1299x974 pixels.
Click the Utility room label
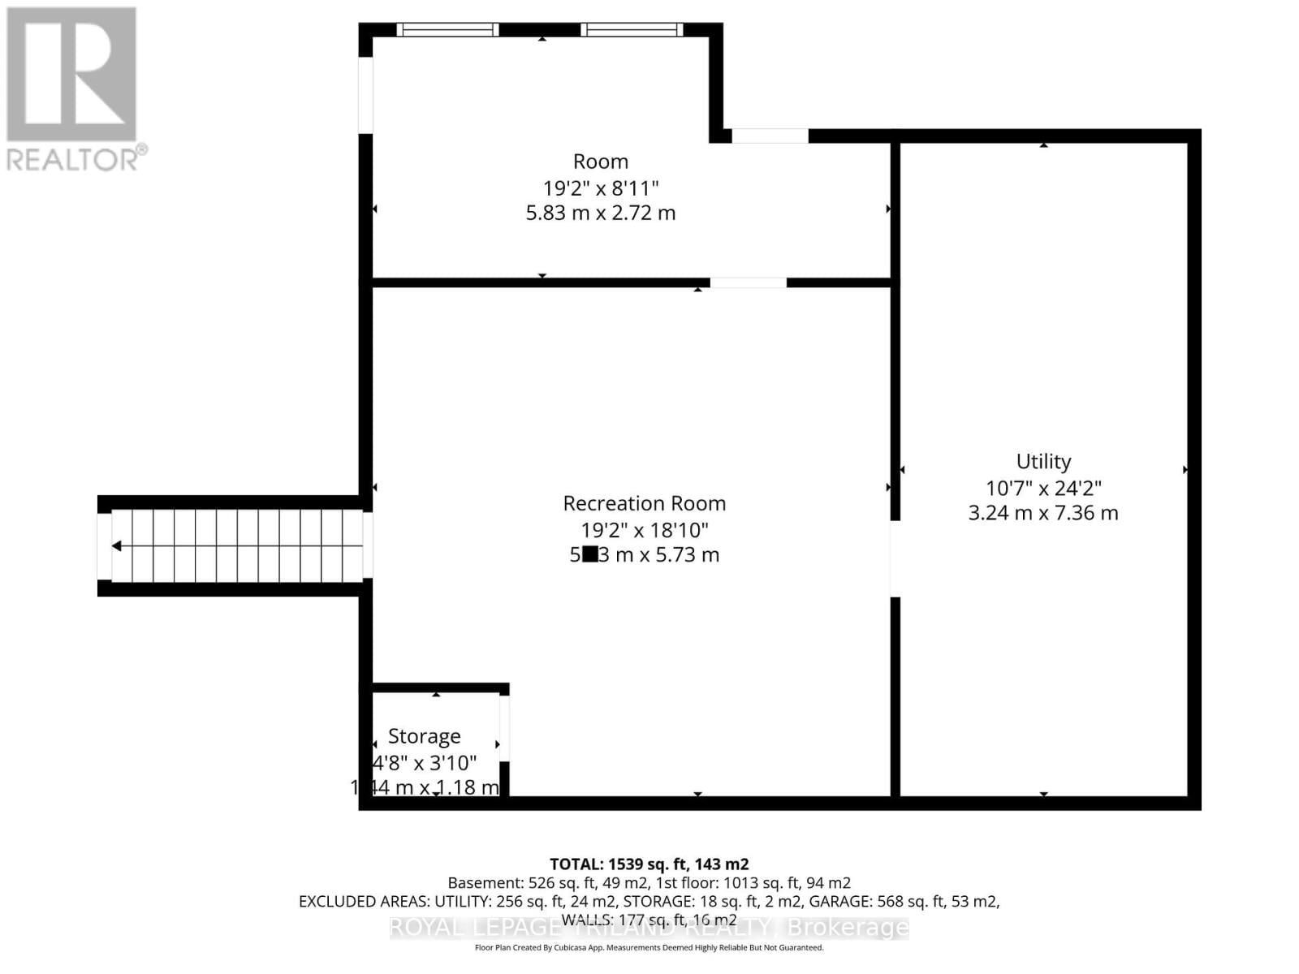coord(1043,461)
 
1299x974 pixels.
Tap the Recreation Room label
coord(644,503)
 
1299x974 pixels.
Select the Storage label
coord(424,736)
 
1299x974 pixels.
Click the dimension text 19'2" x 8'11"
coord(601,188)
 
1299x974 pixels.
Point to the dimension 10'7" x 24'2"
coord(1043,488)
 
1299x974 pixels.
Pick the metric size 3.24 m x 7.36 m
coord(1043,513)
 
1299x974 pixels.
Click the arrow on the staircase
coord(117,546)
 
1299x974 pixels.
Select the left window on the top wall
coord(447,30)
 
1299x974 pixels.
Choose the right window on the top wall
coord(632,30)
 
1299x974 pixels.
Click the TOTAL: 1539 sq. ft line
coord(649,864)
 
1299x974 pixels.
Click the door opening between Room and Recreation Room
coord(748,282)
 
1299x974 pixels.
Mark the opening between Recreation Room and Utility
coord(895,558)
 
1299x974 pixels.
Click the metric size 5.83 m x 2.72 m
coord(601,213)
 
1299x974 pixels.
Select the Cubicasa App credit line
coord(649,947)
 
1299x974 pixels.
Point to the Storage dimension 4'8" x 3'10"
coord(425,763)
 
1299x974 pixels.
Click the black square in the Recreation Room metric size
coord(590,554)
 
